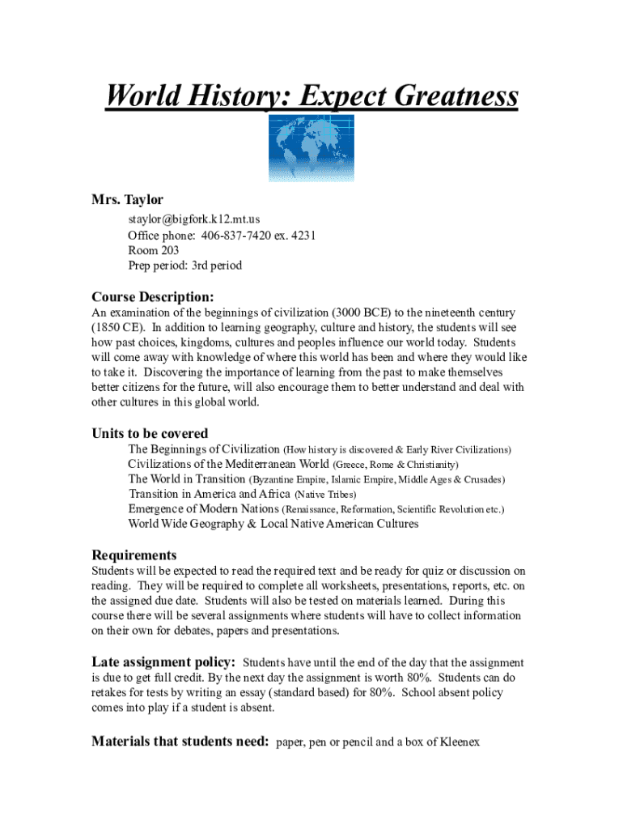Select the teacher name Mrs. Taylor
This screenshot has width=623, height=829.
[x=127, y=199]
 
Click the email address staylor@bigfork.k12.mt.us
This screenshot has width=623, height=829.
[x=193, y=219]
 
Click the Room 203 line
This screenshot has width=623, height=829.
[x=154, y=250]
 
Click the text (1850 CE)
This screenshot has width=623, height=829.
[x=117, y=328]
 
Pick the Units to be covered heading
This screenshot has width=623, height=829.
[x=150, y=433]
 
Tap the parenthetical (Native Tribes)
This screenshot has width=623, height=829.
[x=325, y=494]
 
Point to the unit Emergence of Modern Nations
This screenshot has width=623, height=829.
[x=203, y=509]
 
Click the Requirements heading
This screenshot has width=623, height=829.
[x=133, y=555]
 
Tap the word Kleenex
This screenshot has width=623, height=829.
[x=459, y=741]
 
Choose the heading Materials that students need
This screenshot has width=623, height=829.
[x=180, y=741]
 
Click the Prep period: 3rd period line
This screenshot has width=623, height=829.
[x=184, y=266]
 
